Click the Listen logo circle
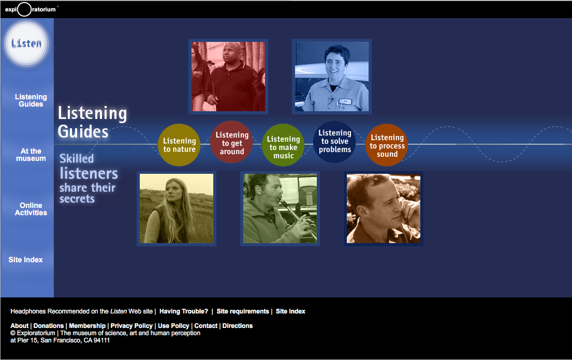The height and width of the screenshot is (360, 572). tap(26, 44)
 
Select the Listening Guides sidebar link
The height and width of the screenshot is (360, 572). tap(31, 100)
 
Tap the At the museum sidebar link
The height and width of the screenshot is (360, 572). tap(31, 155)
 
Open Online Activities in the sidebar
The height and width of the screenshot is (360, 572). tap(31, 209)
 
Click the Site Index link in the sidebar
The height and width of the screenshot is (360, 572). tap(25, 260)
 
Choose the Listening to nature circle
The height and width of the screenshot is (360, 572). tap(179, 145)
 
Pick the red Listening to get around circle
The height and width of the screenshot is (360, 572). tap(231, 142)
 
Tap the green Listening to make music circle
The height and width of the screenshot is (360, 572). tap(283, 145)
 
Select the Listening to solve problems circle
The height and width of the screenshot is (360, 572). tap(334, 142)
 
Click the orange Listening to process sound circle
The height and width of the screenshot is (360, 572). tap(387, 145)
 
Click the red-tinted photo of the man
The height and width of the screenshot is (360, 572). tap(228, 77)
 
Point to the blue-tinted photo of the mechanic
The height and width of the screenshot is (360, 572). tap(332, 77)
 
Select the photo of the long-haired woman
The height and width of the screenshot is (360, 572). tap(177, 208)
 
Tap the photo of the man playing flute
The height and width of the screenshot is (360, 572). tap(280, 208)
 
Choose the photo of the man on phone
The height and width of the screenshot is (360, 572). tap(384, 208)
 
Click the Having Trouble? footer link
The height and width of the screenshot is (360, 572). tap(183, 311)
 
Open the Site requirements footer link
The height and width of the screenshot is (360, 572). tap(243, 311)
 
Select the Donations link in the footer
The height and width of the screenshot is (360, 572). tap(49, 326)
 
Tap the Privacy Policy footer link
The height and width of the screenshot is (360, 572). tap(131, 326)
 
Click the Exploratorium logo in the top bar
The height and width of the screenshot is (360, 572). tap(31, 9)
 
